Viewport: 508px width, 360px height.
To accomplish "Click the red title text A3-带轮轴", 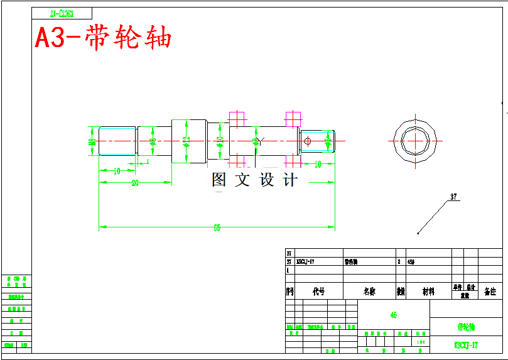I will (103, 38).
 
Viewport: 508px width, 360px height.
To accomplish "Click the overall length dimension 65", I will (217, 228).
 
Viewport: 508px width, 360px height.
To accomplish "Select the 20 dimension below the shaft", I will (135, 183).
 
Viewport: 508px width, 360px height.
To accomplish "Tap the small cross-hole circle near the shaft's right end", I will (307, 141).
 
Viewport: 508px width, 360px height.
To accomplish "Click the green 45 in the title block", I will (393, 315).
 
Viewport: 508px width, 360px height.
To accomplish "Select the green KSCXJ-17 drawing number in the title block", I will (466, 345).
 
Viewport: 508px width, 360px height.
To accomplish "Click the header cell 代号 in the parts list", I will (318, 292).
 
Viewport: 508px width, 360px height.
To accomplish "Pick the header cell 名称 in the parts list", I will (369, 292).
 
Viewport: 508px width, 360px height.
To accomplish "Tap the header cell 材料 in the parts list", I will (428, 292).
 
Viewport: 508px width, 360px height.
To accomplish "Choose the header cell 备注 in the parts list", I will (490, 292).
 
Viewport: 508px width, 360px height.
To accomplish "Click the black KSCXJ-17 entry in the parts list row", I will (305, 261).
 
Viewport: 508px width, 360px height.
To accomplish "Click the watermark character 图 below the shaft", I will (219, 180).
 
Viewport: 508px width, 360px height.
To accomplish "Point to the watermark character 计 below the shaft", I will (289, 180).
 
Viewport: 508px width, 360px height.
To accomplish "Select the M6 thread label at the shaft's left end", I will (92, 143).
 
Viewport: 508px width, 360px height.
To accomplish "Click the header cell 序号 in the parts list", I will (289, 292).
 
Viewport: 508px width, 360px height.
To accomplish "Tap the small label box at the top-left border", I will (62, 13).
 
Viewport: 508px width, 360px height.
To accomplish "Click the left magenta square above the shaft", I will (237, 117).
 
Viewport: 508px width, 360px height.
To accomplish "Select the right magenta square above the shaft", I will (293, 117).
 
